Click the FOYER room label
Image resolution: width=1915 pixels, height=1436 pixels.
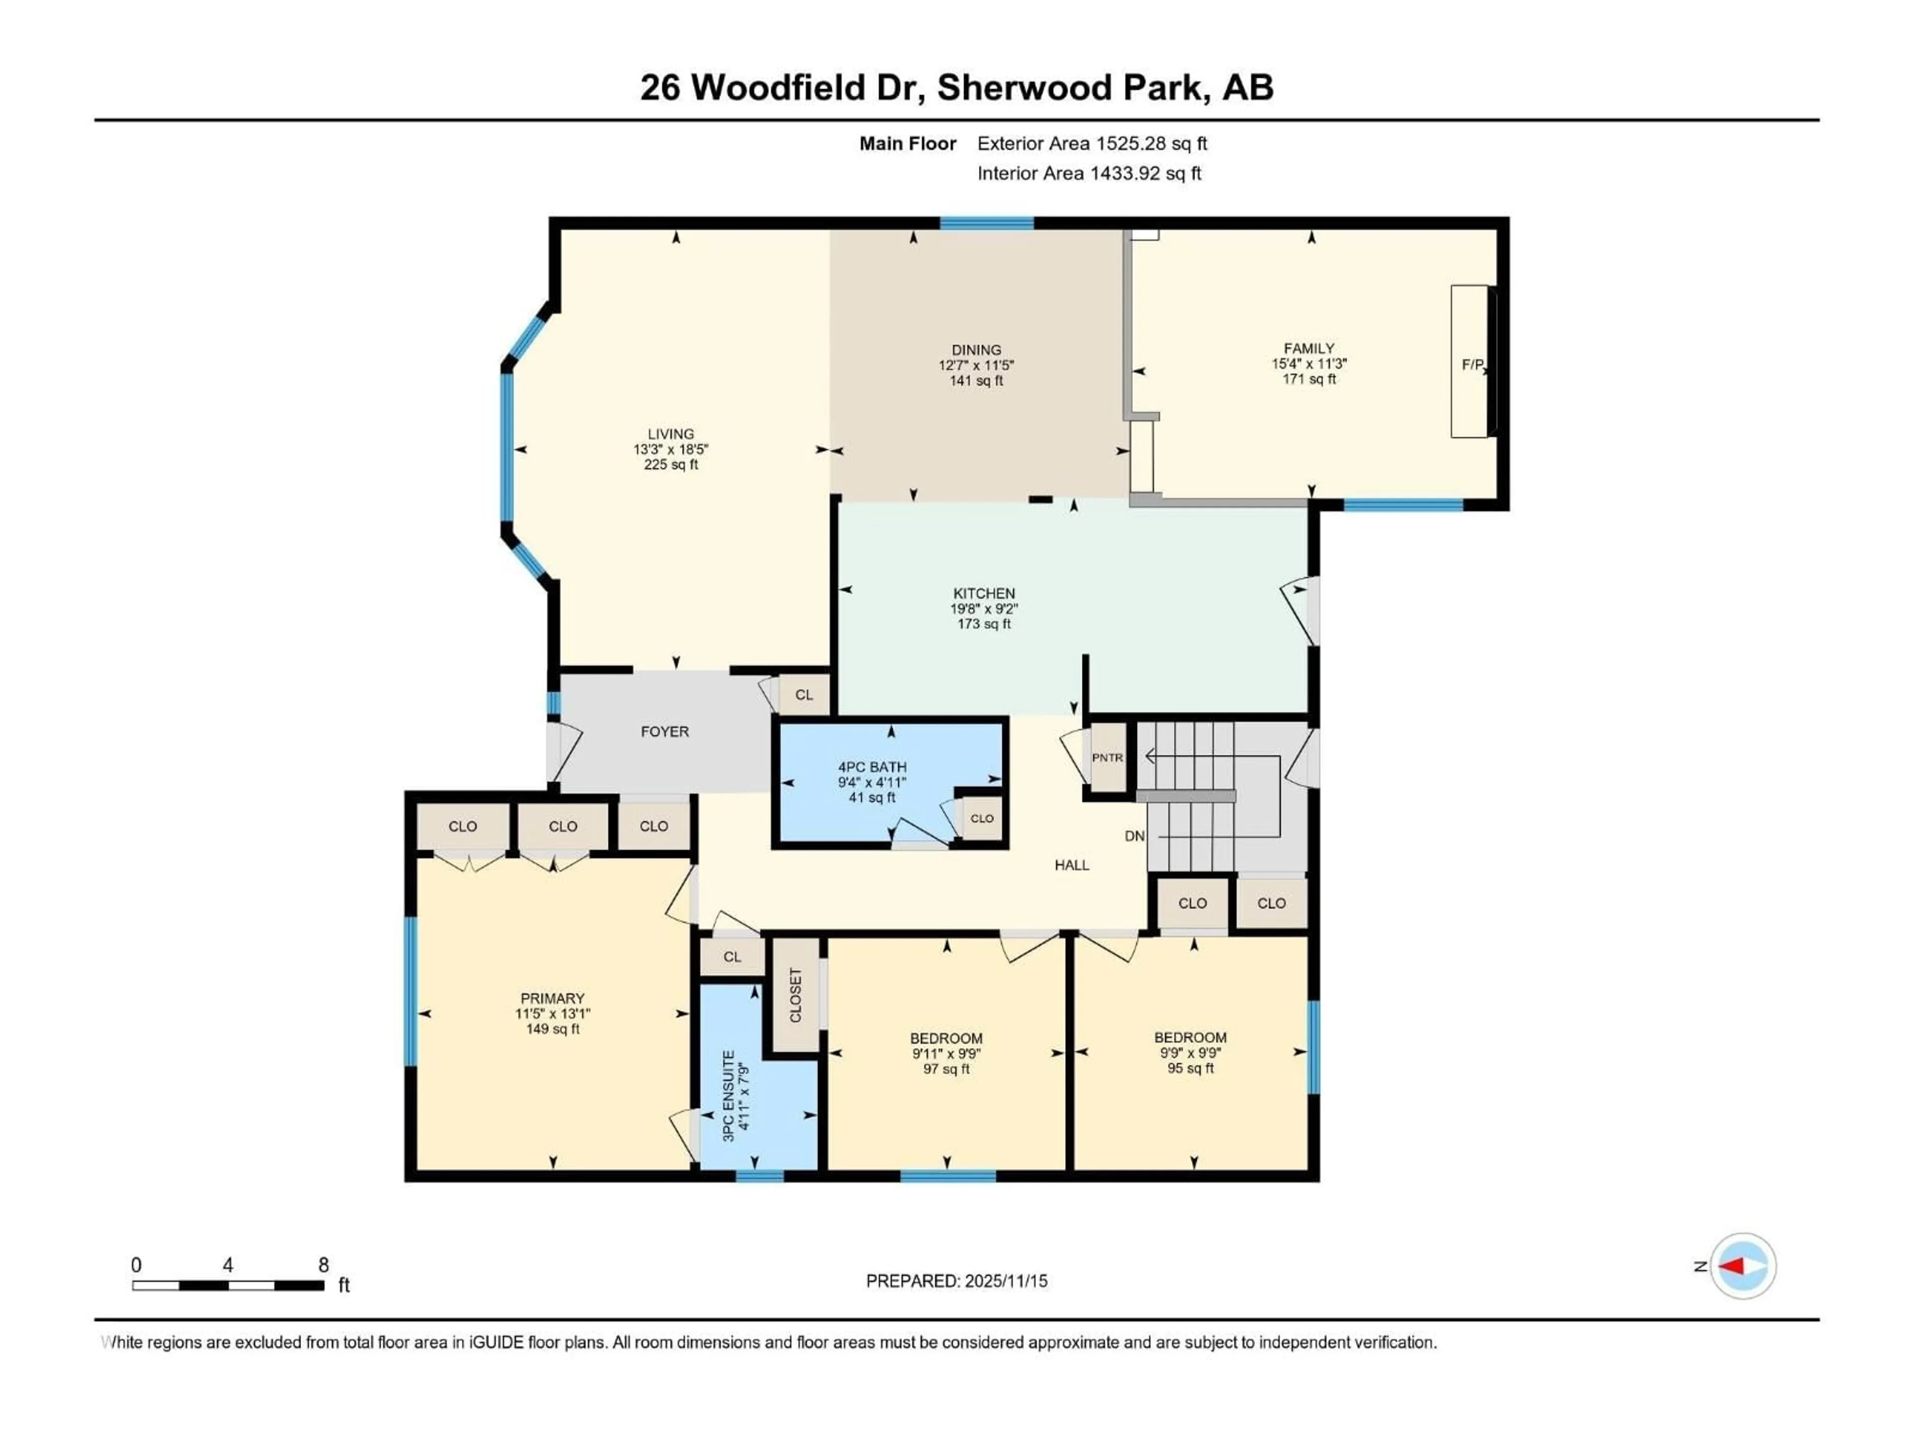point(664,731)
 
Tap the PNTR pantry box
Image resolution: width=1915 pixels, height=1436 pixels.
point(1107,757)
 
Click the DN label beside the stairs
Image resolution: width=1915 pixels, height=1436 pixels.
point(1134,836)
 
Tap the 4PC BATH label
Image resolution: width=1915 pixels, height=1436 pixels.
point(872,767)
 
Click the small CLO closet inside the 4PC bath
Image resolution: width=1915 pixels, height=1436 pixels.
point(982,818)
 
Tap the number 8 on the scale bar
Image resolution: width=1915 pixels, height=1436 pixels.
point(324,1264)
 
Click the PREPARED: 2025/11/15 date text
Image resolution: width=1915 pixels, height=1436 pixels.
point(956,1281)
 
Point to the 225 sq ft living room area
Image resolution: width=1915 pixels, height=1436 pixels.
point(670,465)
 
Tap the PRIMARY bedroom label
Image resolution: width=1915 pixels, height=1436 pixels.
point(553,998)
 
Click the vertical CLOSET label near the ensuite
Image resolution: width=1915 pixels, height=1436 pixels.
point(795,995)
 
